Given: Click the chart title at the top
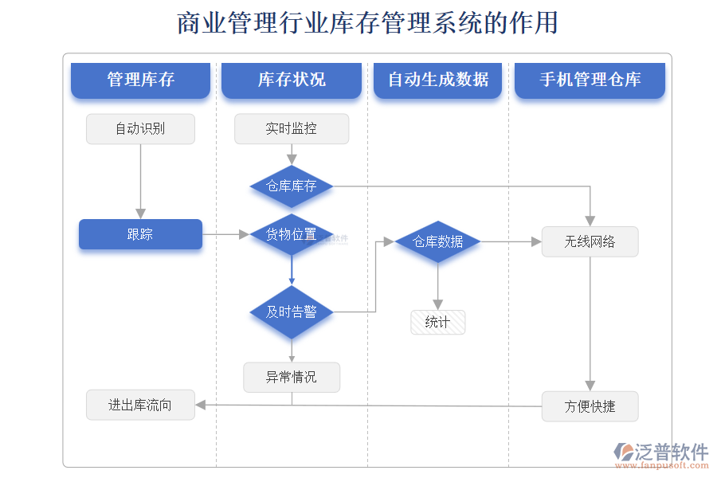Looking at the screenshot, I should coord(366,22).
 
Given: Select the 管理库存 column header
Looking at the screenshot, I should coord(140,80).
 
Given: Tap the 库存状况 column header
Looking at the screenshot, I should coord(292,80).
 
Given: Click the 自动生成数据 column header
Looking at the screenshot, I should coord(438,80).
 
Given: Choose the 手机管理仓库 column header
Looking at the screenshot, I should coord(590,80).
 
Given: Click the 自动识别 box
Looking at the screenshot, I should coord(140,129).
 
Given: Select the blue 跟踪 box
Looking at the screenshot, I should coord(140,234).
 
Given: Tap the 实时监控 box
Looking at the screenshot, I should coord(292,129).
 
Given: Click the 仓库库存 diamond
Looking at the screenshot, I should coord(292,186).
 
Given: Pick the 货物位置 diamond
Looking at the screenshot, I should coord(292,234).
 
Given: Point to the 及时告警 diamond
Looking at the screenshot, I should coord(292,311).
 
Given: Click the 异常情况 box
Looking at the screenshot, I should coord(292,377).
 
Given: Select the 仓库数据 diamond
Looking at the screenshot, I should coord(438,241).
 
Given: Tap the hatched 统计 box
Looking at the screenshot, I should coord(438,322).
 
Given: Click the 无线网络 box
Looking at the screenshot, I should coord(590,241).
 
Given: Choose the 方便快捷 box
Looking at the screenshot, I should coord(590,406).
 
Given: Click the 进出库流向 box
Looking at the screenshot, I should coord(140,405).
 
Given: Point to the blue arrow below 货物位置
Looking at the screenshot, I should coord(292,271).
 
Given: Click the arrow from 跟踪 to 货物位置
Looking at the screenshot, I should coord(226,234).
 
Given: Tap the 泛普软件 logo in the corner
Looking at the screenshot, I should coord(661,453).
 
